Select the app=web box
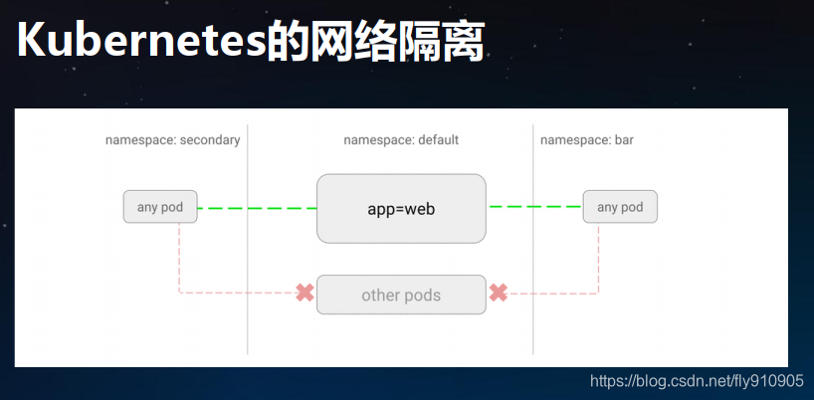401,209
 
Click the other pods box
401,295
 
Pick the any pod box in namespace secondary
160,207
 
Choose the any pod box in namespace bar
620,207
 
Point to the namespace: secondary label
172,140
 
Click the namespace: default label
401,140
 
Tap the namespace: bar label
586,140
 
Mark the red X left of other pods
305,294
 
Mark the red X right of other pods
499,294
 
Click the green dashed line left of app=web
257,208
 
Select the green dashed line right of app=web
534,207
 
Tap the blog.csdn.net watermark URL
697,381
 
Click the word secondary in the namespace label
209,140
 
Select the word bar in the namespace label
623,140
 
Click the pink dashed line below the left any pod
179,259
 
